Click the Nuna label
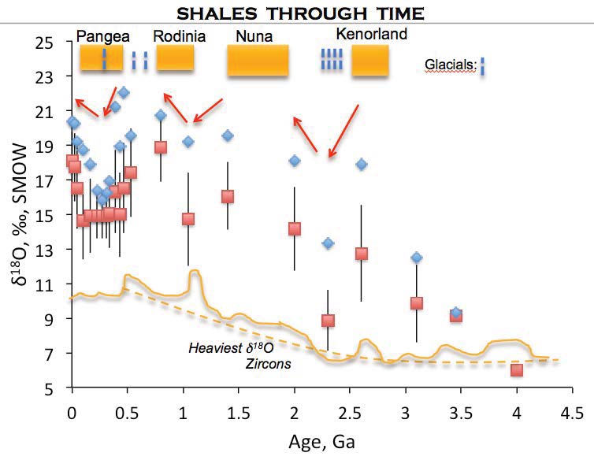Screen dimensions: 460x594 (252, 36)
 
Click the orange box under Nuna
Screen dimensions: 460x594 (258, 61)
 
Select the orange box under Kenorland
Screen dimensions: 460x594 (369, 61)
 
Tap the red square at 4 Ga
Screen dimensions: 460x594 (517, 370)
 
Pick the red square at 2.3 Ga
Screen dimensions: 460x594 (328, 321)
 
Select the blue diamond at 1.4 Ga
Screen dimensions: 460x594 (228, 135)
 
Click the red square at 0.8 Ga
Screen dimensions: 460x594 (161, 147)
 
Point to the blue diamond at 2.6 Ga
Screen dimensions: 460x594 (362, 164)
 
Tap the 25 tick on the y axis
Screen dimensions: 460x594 (53, 42)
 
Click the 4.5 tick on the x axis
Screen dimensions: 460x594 (572, 411)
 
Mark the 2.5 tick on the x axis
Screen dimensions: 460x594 (350, 411)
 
